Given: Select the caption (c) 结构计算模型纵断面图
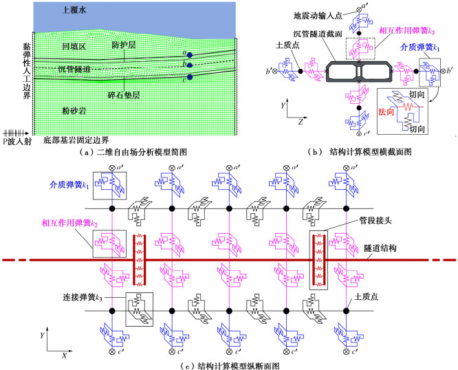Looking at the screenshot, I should click(229, 364).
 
